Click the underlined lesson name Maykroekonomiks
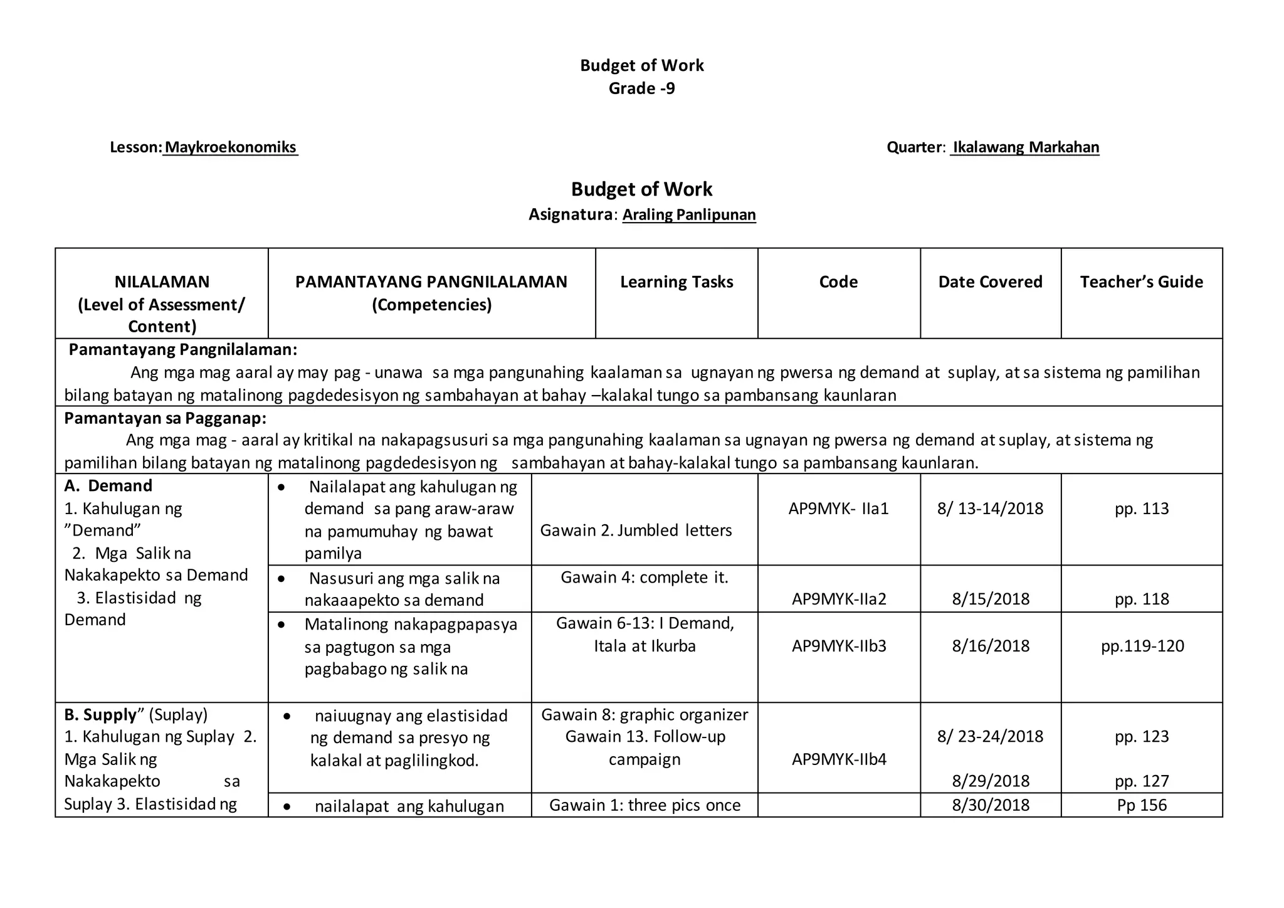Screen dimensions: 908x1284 pos(230,147)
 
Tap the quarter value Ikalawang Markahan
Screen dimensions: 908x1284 pos(1025,147)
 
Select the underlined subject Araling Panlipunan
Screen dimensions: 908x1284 pos(689,215)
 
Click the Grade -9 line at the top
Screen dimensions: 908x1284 pos(641,88)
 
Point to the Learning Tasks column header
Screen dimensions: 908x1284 pos(676,282)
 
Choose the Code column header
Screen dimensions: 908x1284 pos(838,282)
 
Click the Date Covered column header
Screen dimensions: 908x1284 pos(990,282)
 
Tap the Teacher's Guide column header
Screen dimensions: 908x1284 pos(1141,282)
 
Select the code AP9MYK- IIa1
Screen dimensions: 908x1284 pos(838,509)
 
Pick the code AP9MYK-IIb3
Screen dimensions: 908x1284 pos(839,646)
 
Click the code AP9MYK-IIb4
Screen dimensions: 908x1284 pos(839,760)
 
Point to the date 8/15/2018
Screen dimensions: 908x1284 pos(991,599)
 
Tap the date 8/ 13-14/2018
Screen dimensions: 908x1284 pos(990,509)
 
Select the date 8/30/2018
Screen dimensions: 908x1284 pos(991,805)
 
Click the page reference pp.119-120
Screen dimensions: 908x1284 pos(1142,646)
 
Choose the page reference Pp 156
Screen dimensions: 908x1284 pos(1142,805)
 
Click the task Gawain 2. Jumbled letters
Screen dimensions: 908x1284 pos(636,531)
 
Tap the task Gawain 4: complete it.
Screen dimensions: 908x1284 pos(645,578)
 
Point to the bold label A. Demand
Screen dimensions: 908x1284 pos(108,486)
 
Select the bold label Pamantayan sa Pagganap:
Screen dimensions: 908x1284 pos(165,418)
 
